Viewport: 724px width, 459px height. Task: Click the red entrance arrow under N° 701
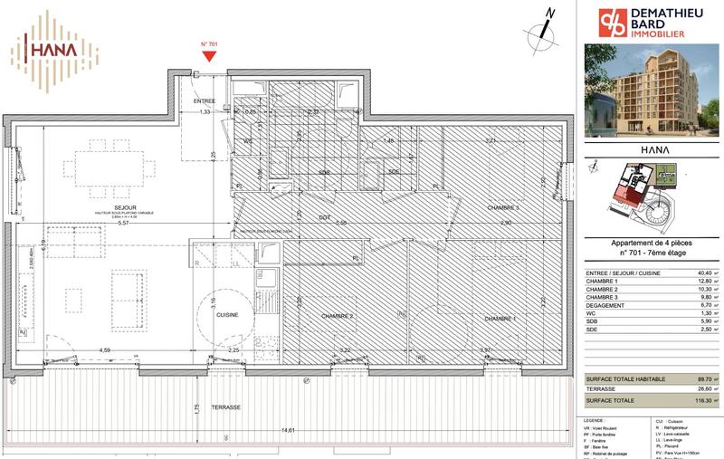209,56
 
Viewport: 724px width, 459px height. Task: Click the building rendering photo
651,90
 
